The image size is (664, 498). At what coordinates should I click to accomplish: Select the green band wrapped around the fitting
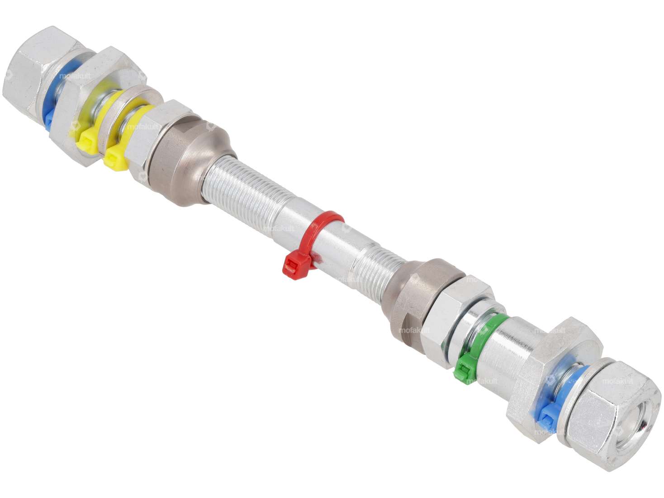491,330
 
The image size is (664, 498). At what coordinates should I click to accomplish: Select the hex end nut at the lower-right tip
606,407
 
